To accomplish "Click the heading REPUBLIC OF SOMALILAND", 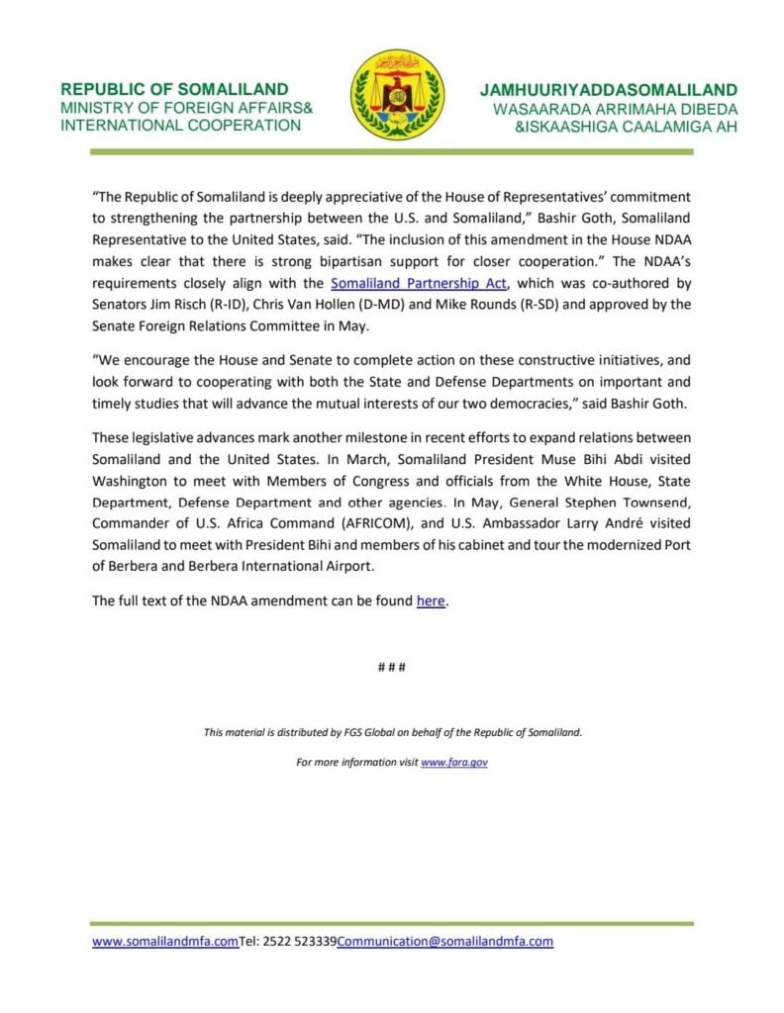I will click(x=174, y=89).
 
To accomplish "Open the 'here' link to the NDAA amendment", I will click(x=431, y=600).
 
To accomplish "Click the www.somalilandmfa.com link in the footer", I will click(x=165, y=942).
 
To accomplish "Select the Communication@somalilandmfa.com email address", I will click(x=444, y=942).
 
